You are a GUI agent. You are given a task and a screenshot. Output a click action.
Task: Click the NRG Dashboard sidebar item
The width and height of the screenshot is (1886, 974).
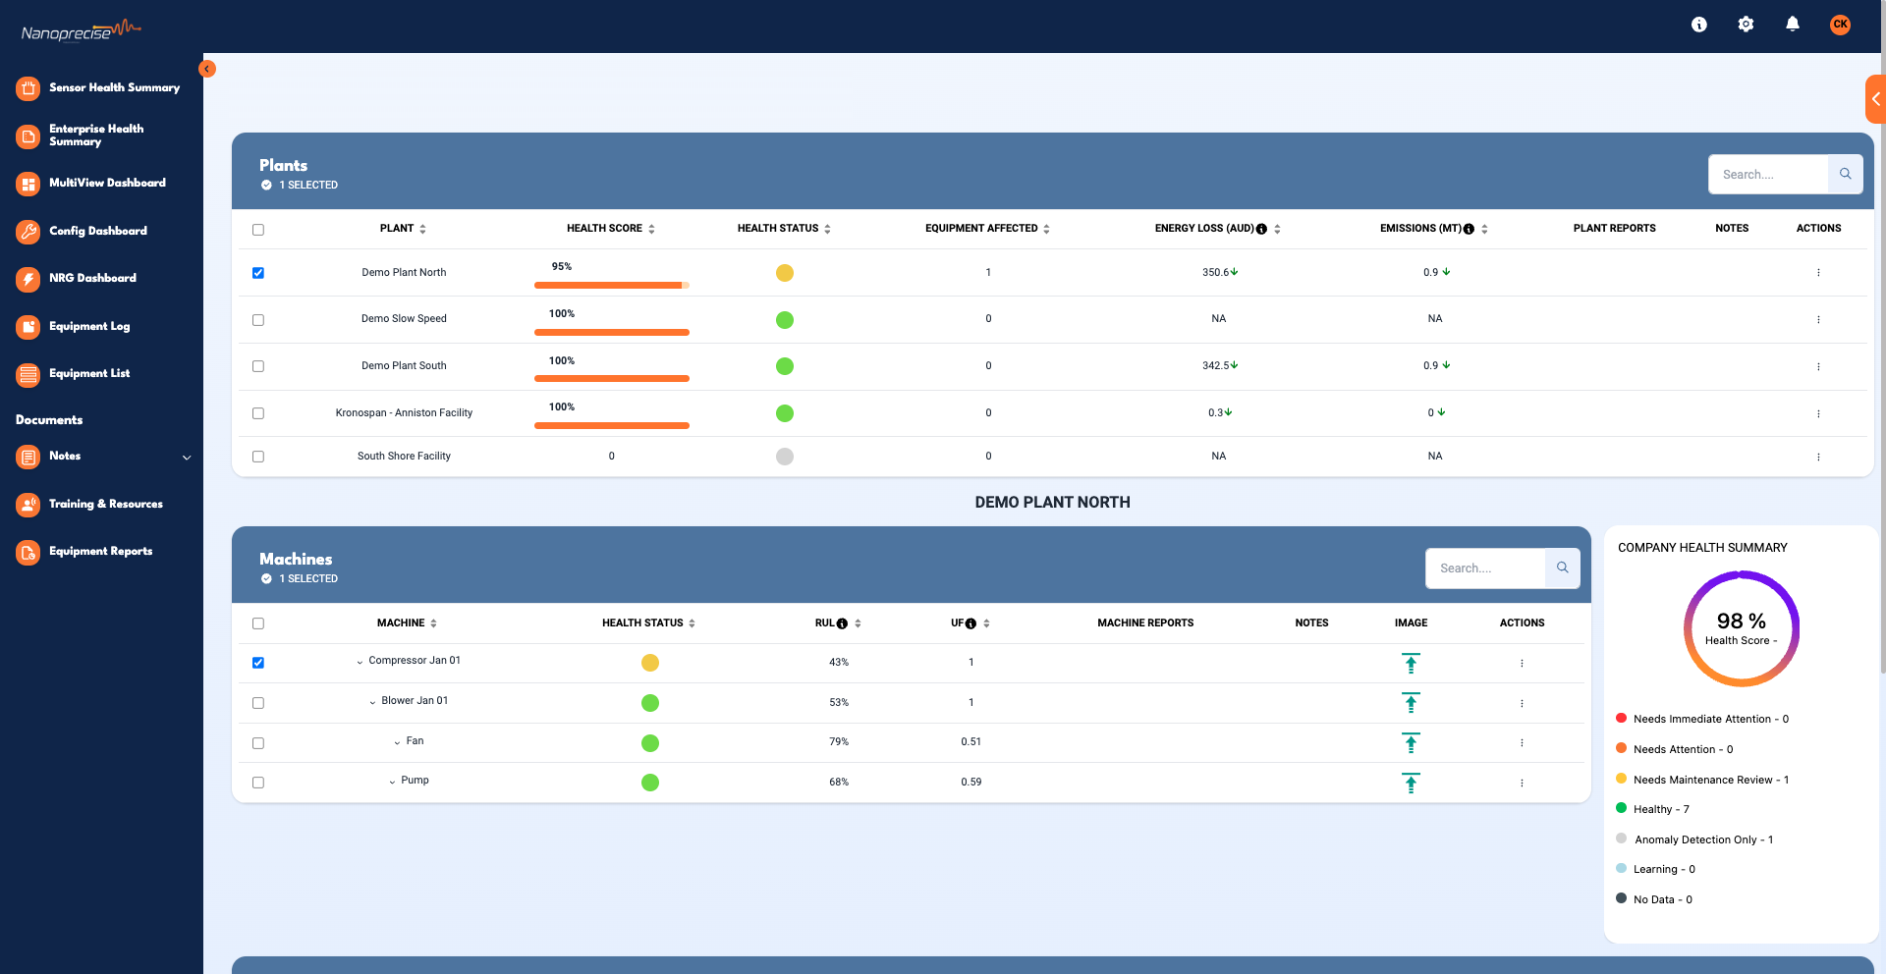(91, 278)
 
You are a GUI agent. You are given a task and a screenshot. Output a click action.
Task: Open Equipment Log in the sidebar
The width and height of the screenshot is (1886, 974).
(88, 326)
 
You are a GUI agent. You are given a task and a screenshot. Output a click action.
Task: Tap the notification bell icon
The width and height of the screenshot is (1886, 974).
(1792, 25)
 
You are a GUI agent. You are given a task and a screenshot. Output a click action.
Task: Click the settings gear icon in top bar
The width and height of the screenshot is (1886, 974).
(1746, 25)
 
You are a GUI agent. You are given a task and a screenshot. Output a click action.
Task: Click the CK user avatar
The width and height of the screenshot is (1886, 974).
(1840, 25)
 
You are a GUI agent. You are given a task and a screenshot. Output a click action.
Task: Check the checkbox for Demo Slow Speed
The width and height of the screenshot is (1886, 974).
(258, 320)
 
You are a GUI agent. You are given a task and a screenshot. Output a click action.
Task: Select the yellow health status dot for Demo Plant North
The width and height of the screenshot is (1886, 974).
(784, 273)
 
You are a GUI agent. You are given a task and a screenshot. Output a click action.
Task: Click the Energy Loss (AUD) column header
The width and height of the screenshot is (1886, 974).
(1203, 229)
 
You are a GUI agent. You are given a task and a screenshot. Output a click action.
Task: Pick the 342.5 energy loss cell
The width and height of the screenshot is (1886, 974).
(1219, 365)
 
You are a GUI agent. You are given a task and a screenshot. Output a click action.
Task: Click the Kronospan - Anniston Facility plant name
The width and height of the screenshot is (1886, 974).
(404, 413)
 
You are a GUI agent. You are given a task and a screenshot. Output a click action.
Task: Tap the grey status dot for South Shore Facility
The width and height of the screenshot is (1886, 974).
(784, 457)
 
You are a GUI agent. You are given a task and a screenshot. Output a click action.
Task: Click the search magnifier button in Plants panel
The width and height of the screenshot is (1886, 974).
(1845, 175)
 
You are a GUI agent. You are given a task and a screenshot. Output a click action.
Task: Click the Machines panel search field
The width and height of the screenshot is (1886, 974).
(1484, 568)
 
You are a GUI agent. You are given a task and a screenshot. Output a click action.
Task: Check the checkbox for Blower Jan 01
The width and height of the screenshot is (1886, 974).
(258, 703)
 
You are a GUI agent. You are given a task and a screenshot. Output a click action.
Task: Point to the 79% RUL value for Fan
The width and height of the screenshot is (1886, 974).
(838, 742)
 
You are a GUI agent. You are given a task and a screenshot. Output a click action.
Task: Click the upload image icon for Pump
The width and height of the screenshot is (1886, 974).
(1411, 783)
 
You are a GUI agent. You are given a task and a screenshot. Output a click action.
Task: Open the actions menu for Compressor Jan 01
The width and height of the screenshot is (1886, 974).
(1522, 664)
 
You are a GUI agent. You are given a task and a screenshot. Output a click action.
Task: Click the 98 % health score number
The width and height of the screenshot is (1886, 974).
(1741, 622)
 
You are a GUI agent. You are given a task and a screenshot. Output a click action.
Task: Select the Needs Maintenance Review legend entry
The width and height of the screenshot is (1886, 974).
(1709, 780)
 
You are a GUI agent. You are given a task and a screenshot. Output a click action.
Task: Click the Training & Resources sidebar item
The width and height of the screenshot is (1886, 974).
(105, 504)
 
